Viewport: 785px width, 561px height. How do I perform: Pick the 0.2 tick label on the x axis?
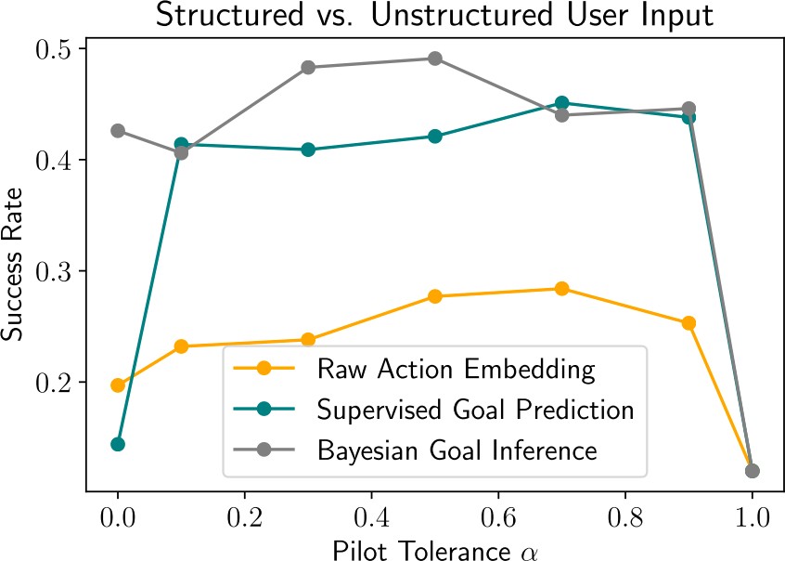point(244,514)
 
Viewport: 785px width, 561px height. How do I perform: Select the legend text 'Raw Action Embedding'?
point(455,369)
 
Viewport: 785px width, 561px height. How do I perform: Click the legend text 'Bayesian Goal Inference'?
point(456,450)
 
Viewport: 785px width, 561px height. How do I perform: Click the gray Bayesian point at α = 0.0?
point(118,131)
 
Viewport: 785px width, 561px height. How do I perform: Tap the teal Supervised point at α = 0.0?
point(118,444)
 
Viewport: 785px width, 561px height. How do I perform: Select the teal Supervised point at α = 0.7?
point(561,103)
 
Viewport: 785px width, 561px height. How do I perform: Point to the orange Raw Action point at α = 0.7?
point(561,289)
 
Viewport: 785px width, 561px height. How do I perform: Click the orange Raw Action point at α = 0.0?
point(118,385)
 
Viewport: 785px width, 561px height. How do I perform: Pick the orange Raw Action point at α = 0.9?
point(688,323)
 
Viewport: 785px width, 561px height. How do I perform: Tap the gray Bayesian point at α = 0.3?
point(308,68)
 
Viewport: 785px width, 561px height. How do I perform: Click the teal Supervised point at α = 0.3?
point(308,150)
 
